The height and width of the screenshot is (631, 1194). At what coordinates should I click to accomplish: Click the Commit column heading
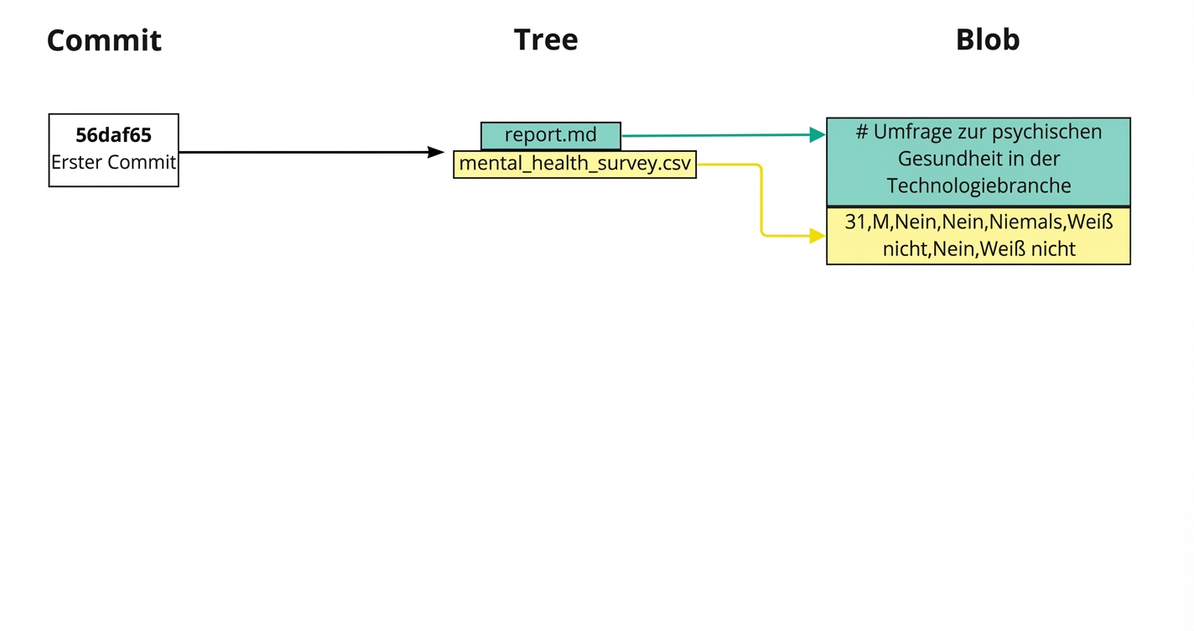tap(104, 40)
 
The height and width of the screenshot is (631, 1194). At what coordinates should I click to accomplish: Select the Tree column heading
tap(546, 39)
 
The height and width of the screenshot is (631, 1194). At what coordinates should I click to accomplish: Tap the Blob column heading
tap(988, 39)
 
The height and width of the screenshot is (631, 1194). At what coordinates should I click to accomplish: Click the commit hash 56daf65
tap(114, 136)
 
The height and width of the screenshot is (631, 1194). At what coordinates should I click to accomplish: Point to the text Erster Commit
tap(114, 162)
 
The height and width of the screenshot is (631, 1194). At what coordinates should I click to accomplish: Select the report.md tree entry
tap(551, 135)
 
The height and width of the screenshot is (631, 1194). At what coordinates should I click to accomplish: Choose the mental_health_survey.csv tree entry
tap(574, 164)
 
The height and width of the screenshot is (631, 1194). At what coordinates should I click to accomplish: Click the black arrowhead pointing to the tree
tap(435, 152)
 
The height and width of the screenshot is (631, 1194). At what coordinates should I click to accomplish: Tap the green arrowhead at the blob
tap(817, 134)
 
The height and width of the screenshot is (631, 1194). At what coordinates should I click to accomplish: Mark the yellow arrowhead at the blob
tap(817, 236)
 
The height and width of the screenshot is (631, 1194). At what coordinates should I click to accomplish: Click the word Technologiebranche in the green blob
tap(979, 185)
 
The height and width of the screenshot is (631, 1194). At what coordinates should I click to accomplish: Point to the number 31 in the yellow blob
tap(854, 222)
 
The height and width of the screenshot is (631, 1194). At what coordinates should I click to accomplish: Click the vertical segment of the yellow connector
tap(761, 201)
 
